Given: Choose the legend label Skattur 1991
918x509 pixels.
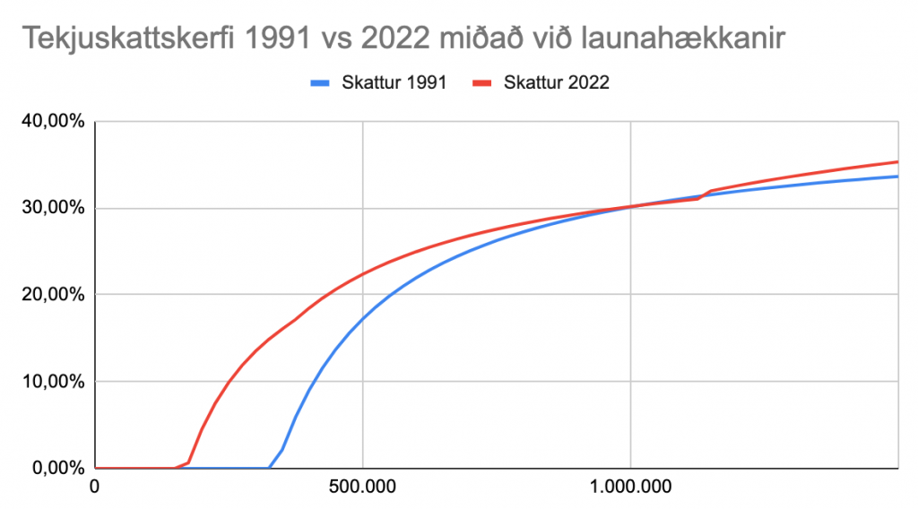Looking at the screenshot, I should [x=394, y=82].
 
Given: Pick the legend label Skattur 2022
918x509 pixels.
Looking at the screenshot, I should [x=557, y=82].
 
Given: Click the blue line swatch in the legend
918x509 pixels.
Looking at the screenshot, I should [x=321, y=82].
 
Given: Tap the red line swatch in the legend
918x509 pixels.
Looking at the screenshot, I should [x=484, y=82].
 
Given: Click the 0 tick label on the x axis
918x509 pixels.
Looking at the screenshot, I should [x=95, y=488].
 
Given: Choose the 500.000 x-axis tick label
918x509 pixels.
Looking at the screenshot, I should [x=362, y=488].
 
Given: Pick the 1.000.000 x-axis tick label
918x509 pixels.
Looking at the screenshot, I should [x=630, y=488].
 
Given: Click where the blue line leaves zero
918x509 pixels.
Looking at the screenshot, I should [x=270, y=467].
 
